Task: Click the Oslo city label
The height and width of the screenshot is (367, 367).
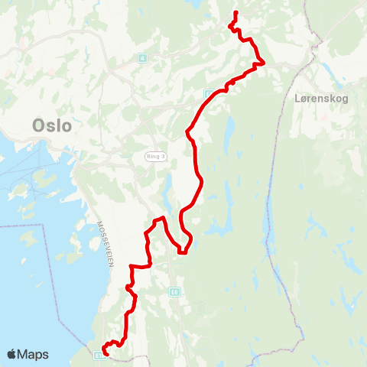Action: [53, 125]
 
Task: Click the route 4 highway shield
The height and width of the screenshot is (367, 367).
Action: [142, 58]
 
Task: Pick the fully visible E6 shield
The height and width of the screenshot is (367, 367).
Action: [175, 291]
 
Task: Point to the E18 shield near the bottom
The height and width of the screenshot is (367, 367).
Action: [99, 355]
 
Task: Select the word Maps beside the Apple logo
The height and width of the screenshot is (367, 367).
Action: [34, 354]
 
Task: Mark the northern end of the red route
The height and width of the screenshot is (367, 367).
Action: [235, 12]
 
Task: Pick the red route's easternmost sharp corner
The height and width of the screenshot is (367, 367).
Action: [264, 63]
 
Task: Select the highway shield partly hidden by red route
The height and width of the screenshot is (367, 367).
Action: [208, 93]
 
